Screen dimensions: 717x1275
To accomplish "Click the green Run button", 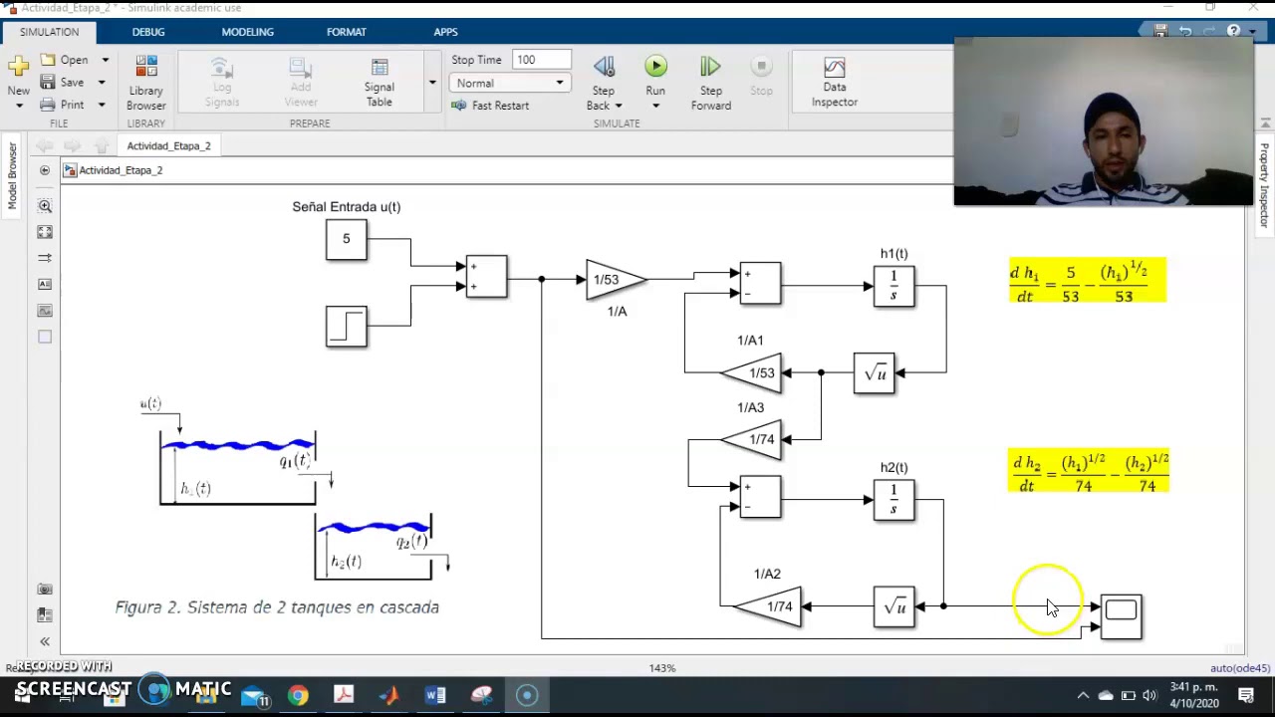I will coord(655,67).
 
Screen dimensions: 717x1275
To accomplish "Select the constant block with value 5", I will coord(346,239).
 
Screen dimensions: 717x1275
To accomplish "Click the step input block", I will coord(346,327).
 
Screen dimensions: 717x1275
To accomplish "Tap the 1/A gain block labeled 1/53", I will coord(613,280).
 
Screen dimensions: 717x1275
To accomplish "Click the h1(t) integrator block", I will coord(893,286).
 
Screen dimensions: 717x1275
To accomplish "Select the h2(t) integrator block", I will coord(893,500).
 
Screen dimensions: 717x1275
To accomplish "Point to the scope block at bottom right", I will coord(1121,615).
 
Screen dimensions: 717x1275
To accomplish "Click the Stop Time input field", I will coord(541,60).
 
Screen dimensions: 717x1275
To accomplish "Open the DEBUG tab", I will coord(148,32).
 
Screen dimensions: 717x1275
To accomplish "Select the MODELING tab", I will coord(247,32).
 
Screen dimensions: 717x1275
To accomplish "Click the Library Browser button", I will coord(146,82).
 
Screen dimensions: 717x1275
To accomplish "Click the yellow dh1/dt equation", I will coord(1087,282).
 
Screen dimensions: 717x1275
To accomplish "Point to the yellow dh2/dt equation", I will coord(1089,472).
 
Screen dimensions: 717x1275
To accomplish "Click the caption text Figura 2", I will coord(277,607).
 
